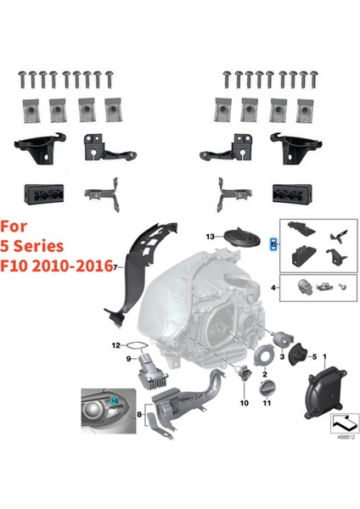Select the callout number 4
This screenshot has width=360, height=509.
pos(273,288)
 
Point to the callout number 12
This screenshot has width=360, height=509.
pos(116,344)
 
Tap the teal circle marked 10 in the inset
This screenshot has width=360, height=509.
pos(115,397)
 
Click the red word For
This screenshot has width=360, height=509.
pos(17,227)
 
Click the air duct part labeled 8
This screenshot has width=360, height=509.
pos(191,407)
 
